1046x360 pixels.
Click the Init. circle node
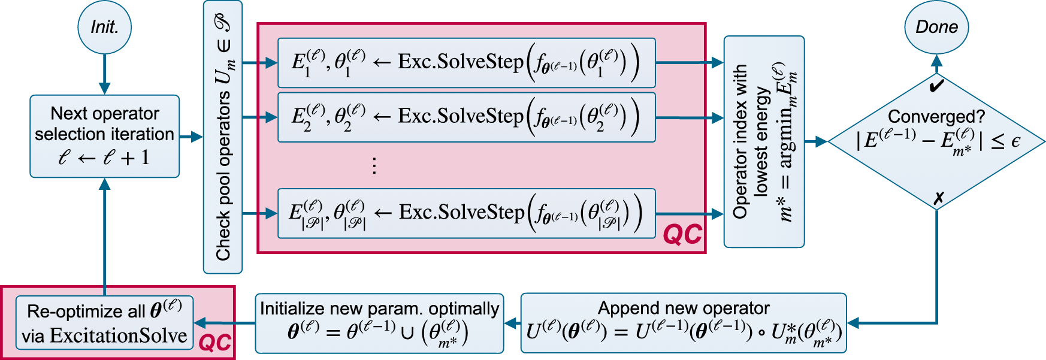pos(104,28)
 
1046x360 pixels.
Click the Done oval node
pos(936,28)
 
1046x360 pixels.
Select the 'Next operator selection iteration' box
pos(104,136)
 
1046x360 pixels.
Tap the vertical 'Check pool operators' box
pos(223,138)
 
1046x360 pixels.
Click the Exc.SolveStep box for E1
pos(466,63)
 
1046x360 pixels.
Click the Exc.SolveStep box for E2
pos(466,117)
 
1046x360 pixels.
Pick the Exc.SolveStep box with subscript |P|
pos(466,213)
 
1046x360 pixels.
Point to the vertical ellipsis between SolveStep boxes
pos(374,165)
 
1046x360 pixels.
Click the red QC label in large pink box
pos(682,234)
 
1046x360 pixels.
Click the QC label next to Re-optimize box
pos(214,343)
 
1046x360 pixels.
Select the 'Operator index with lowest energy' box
pos(764,142)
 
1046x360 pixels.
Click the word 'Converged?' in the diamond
pos(936,116)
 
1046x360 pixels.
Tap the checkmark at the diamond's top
pos(936,86)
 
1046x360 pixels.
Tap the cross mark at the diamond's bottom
pos(939,198)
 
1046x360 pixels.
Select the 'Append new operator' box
pos(684,323)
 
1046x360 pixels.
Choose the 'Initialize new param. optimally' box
pos(379,323)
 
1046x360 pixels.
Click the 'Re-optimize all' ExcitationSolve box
pos(104,323)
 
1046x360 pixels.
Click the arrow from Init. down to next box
pos(104,74)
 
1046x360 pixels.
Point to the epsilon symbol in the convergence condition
pos(1015,141)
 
